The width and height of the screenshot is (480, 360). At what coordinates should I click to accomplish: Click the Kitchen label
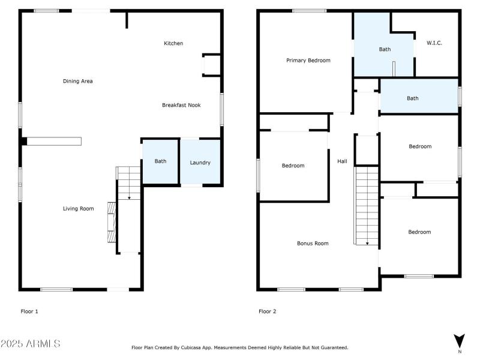tap(173, 43)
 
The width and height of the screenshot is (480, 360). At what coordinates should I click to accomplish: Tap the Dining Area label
tap(78, 81)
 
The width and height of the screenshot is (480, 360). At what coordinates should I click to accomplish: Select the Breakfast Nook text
tap(181, 105)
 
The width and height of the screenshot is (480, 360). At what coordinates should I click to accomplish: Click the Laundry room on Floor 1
tap(200, 163)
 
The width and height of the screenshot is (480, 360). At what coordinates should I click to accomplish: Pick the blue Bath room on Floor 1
tap(160, 161)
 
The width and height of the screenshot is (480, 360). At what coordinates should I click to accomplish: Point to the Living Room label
tap(79, 209)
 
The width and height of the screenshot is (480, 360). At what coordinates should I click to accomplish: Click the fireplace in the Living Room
tap(110, 221)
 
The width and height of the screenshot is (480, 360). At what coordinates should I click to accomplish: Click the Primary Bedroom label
tap(308, 60)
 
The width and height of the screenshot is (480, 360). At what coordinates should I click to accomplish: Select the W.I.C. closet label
tap(434, 43)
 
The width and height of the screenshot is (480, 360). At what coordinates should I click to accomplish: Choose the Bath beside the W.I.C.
tap(385, 49)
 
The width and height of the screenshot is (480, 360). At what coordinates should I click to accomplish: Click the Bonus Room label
tap(313, 243)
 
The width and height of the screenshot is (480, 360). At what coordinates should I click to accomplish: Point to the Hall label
tap(342, 161)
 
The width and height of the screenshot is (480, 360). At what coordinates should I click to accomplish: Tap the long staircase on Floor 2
tap(367, 206)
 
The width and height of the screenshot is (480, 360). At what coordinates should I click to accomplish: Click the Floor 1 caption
tap(29, 311)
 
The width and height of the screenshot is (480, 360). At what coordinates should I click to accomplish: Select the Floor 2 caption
tap(267, 311)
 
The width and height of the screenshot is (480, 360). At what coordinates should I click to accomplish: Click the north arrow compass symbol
tap(460, 340)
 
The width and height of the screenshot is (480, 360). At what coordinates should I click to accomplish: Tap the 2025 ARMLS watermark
tap(30, 344)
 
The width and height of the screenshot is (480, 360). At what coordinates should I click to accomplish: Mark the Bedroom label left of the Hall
tap(293, 166)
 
